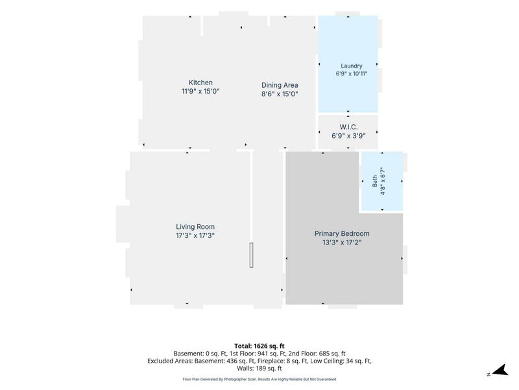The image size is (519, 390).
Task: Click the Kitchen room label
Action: pos(200,83)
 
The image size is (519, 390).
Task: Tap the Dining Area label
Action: pos(280,85)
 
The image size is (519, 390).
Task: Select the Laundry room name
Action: pos(352,66)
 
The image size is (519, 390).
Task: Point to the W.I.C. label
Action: pos(348,127)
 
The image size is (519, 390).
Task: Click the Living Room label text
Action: pos(195,227)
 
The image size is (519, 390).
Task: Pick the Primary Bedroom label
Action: pos(342,233)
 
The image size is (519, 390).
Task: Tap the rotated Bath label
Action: pos(375,181)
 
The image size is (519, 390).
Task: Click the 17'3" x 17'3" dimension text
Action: pos(195,235)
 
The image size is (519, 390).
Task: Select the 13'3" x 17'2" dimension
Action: pos(342,242)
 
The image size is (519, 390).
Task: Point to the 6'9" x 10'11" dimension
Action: pos(352,73)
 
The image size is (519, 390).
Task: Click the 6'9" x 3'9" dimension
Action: pos(348,136)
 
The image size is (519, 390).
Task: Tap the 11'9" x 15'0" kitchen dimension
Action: pos(200,91)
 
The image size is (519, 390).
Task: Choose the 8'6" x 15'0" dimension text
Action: pos(280,94)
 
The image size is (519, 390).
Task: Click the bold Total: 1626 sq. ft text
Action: pos(259,346)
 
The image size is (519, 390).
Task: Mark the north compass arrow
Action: pos(500,370)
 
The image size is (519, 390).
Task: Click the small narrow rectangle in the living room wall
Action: pos(251,255)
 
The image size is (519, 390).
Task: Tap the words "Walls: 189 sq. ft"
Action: pos(259,368)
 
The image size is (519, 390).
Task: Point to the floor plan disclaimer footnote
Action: pos(259,379)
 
